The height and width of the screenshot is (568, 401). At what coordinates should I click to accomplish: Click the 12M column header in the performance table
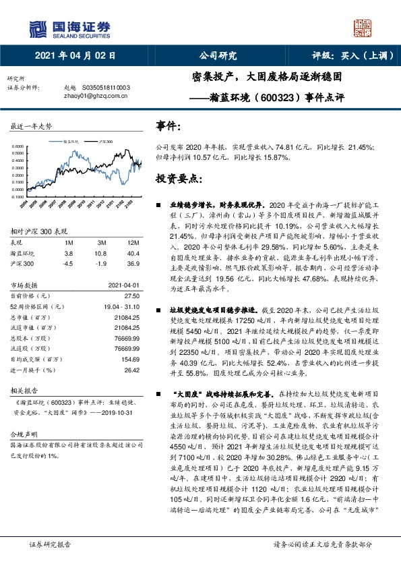(133, 242)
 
